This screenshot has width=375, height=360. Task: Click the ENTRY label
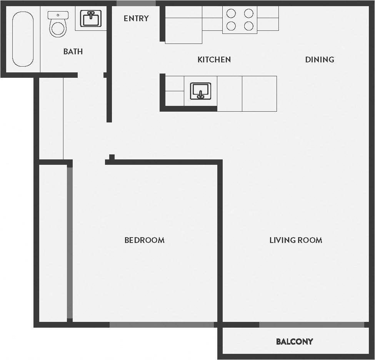click(x=136, y=18)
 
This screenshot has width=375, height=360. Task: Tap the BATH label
click(x=73, y=51)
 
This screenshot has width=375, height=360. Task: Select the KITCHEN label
click(x=214, y=59)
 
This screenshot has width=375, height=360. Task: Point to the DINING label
click(x=320, y=59)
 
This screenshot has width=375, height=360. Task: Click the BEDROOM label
click(x=145, y=240)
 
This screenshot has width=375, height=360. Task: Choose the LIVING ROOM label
click(x=296, y=240)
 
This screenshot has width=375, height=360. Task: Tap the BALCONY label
click(x=295, y=341)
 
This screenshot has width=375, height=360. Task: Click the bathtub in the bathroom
click(x=23, y=39)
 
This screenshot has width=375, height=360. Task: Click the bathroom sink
click(x=91, y=18)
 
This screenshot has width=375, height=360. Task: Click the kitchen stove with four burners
click(x=240, y=20)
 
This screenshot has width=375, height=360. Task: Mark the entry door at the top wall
click(x=136, y=3)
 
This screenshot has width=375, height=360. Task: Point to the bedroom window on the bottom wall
click(x=162, y=325)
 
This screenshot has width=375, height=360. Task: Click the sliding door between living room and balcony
click(x=312, y=325)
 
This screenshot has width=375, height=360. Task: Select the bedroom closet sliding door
click(x=70, y=243)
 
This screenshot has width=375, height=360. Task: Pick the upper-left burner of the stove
click(x=231, y=13)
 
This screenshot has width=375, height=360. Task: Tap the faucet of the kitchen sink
click(x=200, y=95)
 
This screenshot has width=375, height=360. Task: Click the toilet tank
click(x=58, y=15)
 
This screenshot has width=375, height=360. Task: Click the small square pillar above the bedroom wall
click(x=112, y=157)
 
